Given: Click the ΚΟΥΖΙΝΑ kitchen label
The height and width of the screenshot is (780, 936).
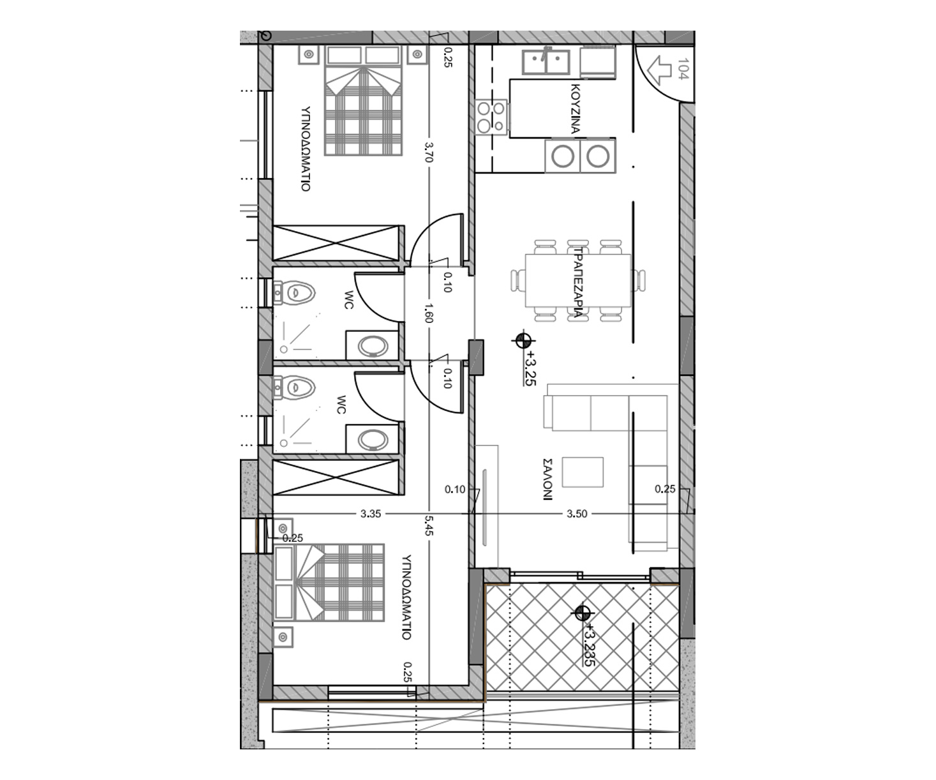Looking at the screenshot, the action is pyautogui.click(x=576, y=109).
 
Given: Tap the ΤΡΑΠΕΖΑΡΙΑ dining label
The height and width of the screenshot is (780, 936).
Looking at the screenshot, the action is pyautogui.click(x=578, y=282).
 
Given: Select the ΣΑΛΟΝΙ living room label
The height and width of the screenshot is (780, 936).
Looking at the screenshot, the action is pyautogui.click(x=547, y=479).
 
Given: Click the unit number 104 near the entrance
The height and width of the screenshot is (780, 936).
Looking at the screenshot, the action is pyautogui.click(x=683, y=69).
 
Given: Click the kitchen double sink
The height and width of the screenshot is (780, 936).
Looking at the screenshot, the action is pyautogui.click(x=546, y=62).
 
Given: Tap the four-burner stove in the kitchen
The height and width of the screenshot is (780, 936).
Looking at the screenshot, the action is pyautogui.click(x=491, y=117).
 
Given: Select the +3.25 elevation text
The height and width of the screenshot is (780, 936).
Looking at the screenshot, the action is pyautogui.click(x=531, y=368).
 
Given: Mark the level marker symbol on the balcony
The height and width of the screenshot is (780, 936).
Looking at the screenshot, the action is pyautogui.click(x=583, y=613).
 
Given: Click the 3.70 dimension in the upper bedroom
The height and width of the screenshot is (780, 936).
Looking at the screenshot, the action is pyautogui.click(x=429, y=152).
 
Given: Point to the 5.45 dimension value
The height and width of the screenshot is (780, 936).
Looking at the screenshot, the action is pyautogui.click(x=429, y=526).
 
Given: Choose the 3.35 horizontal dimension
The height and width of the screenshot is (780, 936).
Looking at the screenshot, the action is pyautogui.click(x=371, y=514).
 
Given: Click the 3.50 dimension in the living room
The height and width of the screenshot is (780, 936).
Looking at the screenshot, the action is pyautogui.click(x=577, y=514).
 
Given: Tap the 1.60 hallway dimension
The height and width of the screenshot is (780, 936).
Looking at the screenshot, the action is pyautogui.click(x=429, y=313).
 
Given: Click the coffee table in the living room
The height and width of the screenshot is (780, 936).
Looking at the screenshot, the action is pyautogui.click(x=583, y=472).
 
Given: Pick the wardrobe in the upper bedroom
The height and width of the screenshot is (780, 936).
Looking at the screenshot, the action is pyautogui.click(x=336, y=243).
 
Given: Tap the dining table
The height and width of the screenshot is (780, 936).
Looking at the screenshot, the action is pyautogui.click(x=578, y=280).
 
